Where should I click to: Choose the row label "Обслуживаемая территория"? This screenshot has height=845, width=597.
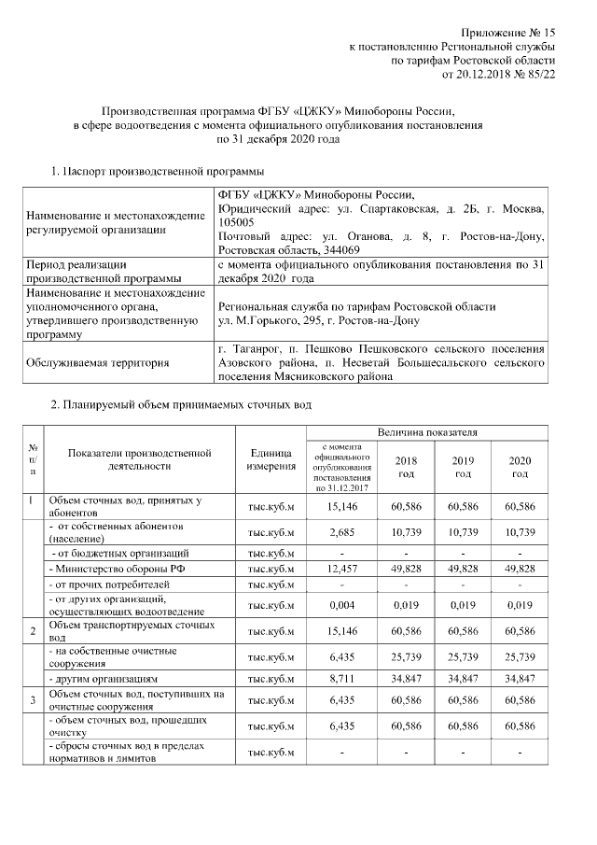pyautogui.click(x=99, y=363)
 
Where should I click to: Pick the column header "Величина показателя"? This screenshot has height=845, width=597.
pyautogui.click(x=426, y=432)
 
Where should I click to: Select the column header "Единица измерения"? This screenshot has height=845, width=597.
pyautogui.click(x=271, y=459)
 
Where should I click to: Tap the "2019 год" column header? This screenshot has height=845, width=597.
pyautogui.click(x=463, y=467)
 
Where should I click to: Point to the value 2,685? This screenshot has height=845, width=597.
pyautogui.click(x=344, y=530)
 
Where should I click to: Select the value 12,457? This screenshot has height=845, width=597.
pyautogui.click(x=344, y=570)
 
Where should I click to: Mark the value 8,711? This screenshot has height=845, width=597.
pyautogui.click(x=344, y=678)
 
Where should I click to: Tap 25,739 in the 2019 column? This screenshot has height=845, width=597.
pyautogui.click(x=463, y=656)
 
